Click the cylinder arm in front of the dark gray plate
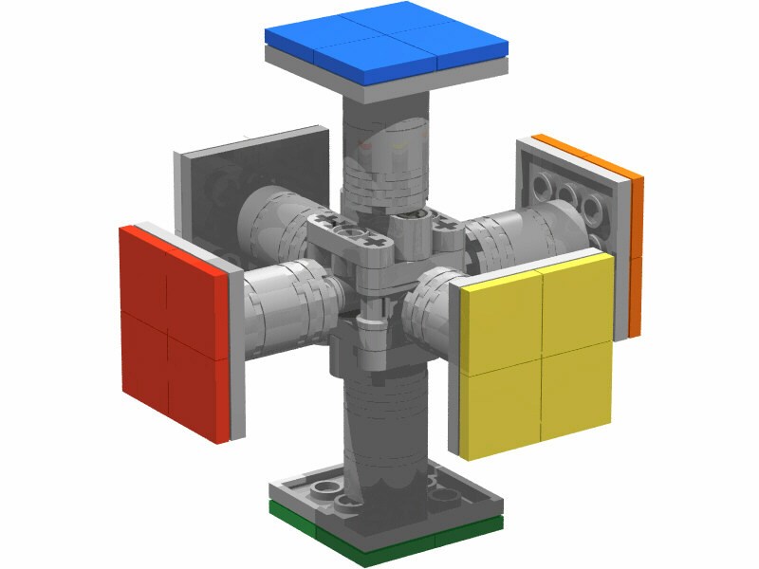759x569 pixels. point(270,213)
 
